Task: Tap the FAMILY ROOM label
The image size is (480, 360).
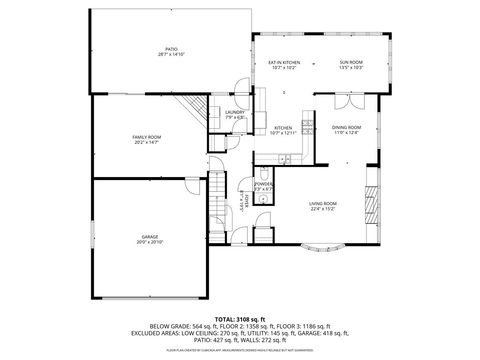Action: coord(147,136)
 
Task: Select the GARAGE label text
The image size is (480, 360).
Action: coord(149,236)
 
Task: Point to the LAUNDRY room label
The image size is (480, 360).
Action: coord(235,112)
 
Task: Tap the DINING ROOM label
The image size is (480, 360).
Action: coord(346,127)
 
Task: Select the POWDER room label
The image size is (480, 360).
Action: coord(263,185)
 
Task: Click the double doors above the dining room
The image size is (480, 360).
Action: coord(343,101)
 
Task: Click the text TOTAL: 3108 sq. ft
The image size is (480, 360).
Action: coord(240,317)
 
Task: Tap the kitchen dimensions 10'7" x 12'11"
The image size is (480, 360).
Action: coord(284,133)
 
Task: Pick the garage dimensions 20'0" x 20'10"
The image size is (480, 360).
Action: coord(149,241)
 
